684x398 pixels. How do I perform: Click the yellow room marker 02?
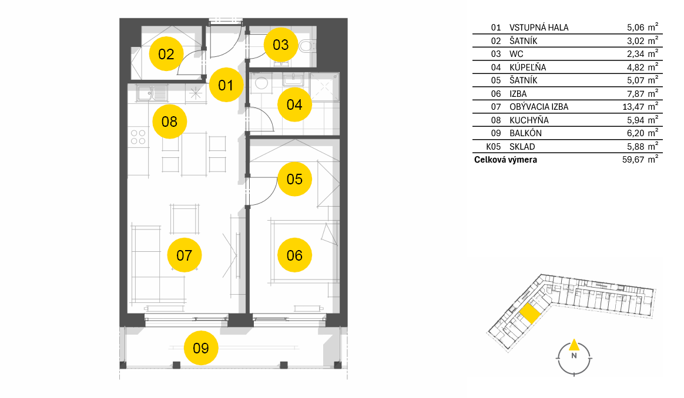tap(166, 53)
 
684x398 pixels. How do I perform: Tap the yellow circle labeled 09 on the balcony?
tap(200, 348)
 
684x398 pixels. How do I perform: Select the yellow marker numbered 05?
tap(294, 178)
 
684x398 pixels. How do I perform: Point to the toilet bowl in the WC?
tap(307, 45)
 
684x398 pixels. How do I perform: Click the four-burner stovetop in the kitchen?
tap(138, 137)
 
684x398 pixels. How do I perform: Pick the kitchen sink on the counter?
tap(152, 93)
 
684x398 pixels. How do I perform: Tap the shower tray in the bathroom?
tap(324, 87)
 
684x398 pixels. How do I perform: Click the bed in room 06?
tap(304, 252)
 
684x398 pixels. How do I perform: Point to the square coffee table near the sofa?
tap(185, 220)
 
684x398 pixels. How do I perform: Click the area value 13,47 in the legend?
tap(633, 107)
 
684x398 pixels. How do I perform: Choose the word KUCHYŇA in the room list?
tap(529, 120)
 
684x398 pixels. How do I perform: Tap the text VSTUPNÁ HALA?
tap(539, 28)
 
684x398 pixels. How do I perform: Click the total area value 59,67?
tap(633, 160)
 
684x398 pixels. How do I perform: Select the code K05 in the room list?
tap(494, 147)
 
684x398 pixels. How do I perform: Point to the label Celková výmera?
tap(505, 160)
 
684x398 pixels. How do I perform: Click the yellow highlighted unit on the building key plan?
tap(529, 313)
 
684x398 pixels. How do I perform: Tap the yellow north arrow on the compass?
tap(574, 345)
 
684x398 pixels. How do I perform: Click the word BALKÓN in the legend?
tap(526, 133)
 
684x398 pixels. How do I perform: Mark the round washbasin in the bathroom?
tap(261, 83)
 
